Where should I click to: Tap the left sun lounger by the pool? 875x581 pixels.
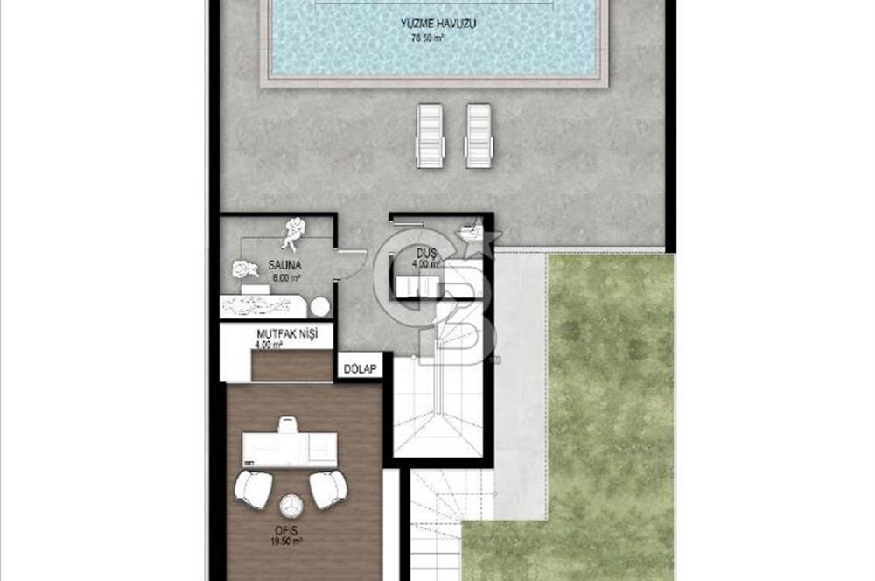point(430,135)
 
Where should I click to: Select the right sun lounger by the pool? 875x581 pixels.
point(479,135)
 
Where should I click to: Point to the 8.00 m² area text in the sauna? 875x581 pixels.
point(286,277)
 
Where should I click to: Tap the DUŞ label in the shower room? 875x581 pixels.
point(427,253)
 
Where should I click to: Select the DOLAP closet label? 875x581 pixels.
point(360,368)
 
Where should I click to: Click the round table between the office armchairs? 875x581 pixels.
point(290,505)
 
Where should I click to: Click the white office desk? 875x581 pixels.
point(290,449)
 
